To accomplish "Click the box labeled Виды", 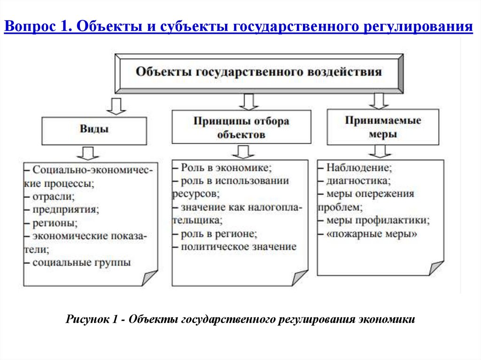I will click(x=94, y=130).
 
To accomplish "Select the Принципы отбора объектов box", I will click(x=241, y=127).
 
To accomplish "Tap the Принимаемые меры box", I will click(x=383, y=127).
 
